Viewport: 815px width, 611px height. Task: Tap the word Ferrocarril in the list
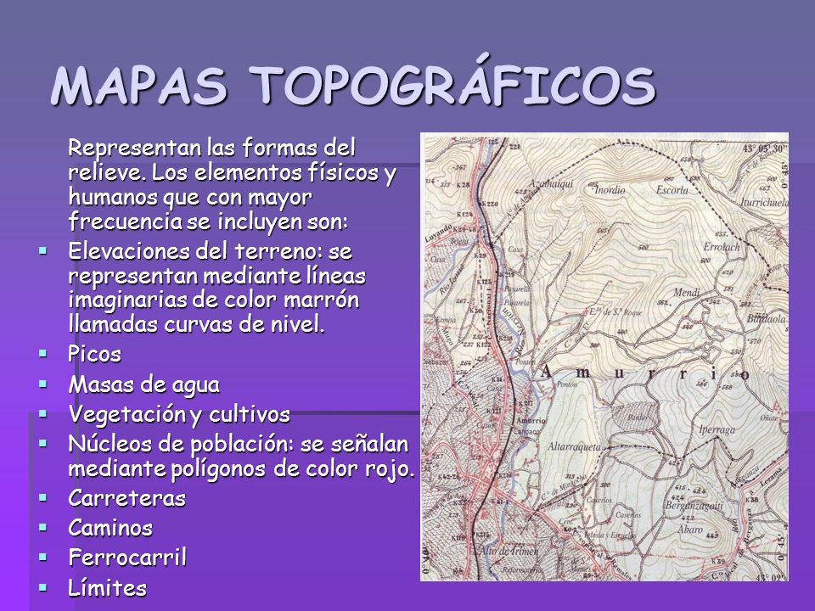(126, 558)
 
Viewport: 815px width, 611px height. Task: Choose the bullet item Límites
(107, 586)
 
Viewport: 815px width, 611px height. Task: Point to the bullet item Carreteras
(126, 498)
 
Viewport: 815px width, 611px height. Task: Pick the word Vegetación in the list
(123, 414)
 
